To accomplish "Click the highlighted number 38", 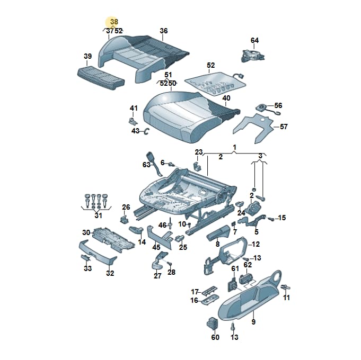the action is point(114,22).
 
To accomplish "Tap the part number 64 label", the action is point(254,40).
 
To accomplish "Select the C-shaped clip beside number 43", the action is point(146,131).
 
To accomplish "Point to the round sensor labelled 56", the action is point(261,107).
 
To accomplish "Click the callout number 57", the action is point(284,127).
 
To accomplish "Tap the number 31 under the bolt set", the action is point(98,215).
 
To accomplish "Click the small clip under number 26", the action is point(124,219).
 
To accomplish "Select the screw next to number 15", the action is point(271,219).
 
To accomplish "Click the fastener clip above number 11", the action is point(286,287).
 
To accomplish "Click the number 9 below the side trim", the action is point(253,321).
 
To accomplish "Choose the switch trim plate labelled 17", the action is point(209,291).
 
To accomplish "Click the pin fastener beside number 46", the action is point(170,223).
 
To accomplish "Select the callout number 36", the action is point(163,31).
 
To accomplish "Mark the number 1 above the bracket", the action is point(234,148).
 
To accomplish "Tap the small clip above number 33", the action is point(85,257).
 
